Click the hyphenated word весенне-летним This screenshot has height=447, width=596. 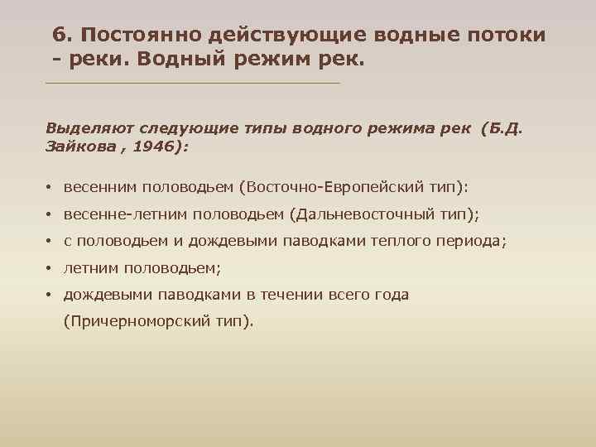pyautogui.click(x=124, y=214)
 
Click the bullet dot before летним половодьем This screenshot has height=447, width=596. pyautogui.click(x=50, y=268)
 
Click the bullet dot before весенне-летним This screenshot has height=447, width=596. pyautogui.click(x=50, y=214)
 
